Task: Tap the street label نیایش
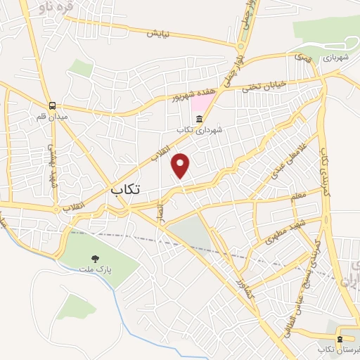[x=159, y=33]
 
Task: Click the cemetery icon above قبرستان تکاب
[x=340, y=338]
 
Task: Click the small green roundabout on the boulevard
[x=240, y=46]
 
